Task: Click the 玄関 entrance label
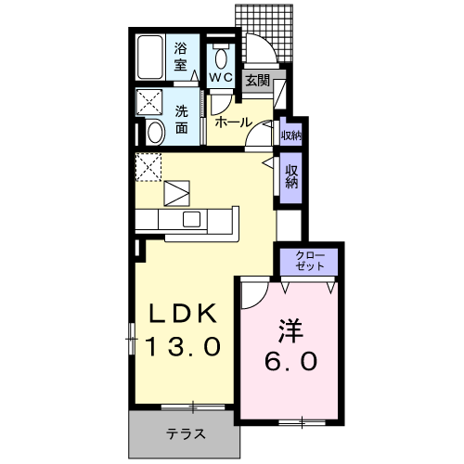pyautogui.click(x=257, y=81)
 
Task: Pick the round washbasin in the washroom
pyautogui.click(x=154, y=133)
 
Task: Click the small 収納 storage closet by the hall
pyautogui.click(x=290, y=135)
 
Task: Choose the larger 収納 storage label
pyautogui.click(x=291, y=176)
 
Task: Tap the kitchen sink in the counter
pyautogui.click(x=192, y=219)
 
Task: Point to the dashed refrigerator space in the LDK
pyautogui.click(x=148, y=168)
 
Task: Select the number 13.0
pyautogui.click(x=184, y=347)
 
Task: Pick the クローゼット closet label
pyautogui.click(x=309, y=260)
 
